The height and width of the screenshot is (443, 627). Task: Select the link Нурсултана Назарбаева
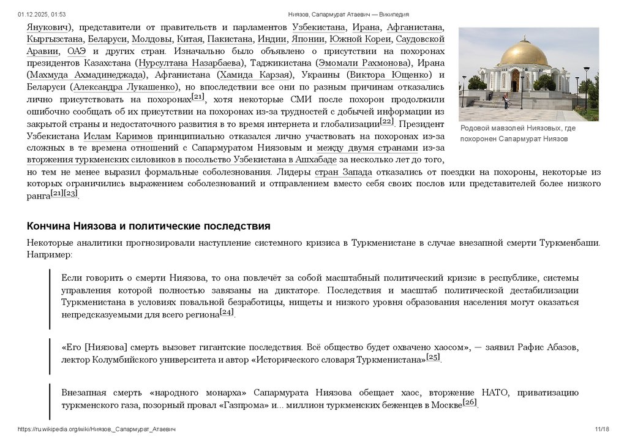(x=191, y=63)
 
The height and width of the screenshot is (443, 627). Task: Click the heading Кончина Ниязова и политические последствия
(x=148, y=226)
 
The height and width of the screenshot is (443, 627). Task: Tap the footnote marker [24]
(x=227, y=312)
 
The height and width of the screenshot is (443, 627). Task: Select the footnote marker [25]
(x=433, y=357)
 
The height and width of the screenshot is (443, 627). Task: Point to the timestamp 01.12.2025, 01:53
(x=42, y=14)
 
